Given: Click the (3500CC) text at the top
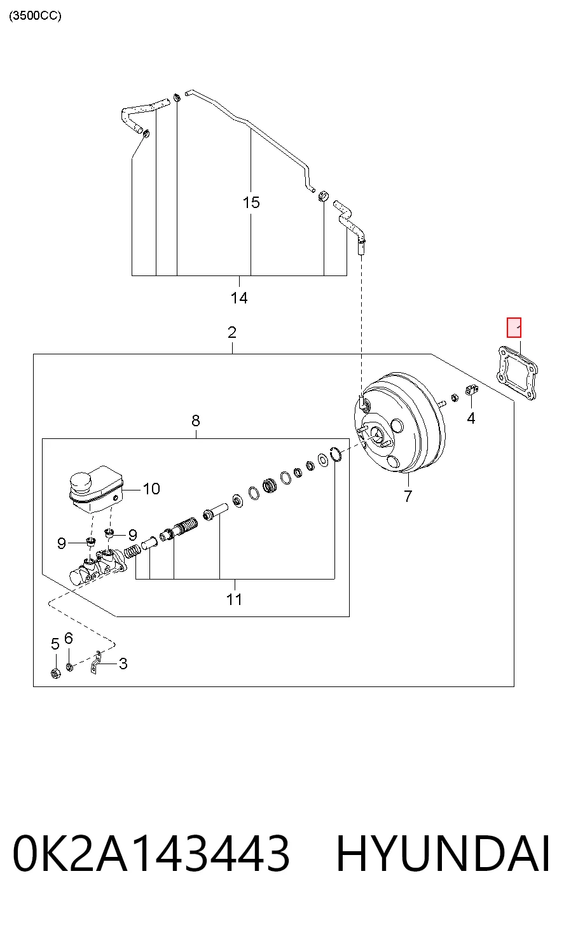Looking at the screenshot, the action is (35, 16).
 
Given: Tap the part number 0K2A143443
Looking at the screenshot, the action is (151, 854).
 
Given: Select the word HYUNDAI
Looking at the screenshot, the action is (443, 854).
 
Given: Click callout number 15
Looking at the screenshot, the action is (251, 202).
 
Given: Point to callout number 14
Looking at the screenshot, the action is (239, 298).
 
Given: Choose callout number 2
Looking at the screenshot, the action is (232, 333).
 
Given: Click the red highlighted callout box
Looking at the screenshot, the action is (514, 328).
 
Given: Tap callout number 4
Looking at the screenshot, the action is (471, 419).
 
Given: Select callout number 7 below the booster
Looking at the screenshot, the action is (408, 496).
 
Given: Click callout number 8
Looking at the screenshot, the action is (196, 421).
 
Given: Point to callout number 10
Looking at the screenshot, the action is (151, 489).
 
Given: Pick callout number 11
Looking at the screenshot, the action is (234, 599).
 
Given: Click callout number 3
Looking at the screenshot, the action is (123, 664).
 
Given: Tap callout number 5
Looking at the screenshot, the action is (55, 644).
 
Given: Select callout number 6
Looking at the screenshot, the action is (69, 638).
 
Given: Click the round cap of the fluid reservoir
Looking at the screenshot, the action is (80, 482).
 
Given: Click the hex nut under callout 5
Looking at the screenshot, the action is (55, 674).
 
